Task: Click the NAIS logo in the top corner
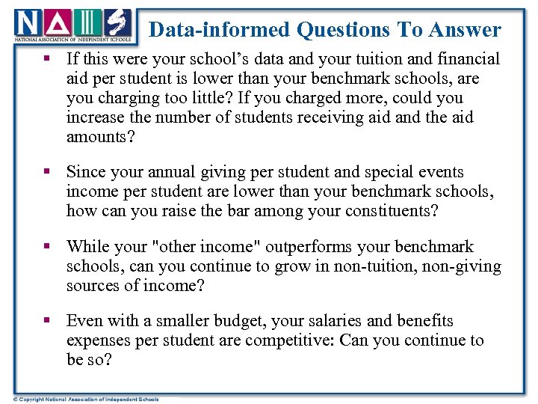(72, 25)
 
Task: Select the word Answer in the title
(469, 30)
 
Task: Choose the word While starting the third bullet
(88, 247)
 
